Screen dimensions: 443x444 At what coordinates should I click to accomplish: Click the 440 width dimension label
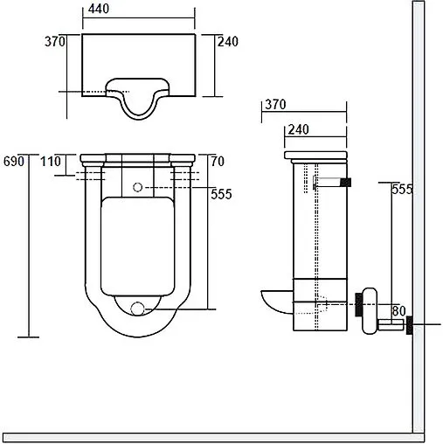pos(99,9)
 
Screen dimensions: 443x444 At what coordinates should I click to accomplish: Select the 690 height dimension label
pos(14,161)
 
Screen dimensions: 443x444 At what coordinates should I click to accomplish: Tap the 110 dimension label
pos(51,161)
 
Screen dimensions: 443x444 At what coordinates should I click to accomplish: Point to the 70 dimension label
pos(218,161)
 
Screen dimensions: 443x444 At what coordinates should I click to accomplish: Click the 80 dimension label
pos(398,311)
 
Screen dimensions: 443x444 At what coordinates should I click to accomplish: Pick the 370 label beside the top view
pos(55,41)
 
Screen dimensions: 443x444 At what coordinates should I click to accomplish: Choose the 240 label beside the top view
pos(228,41)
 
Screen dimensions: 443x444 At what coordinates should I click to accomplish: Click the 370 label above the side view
pos(275,105)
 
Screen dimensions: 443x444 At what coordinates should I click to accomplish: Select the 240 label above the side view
pos(298,129)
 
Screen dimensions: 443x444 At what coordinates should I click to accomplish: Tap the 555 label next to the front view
pos(221,194)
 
